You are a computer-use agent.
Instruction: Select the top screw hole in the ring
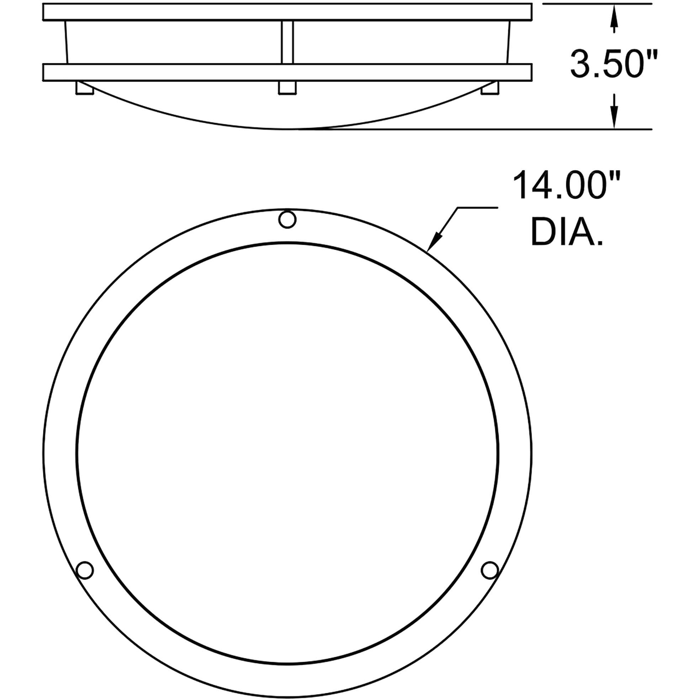(x=287, y=219)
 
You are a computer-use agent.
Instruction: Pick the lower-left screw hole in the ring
(x=85, y=570)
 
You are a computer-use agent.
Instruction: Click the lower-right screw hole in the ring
(x=489, y=570)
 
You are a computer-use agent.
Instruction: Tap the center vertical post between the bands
(x=287, y=42)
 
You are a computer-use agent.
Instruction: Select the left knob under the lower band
(x=85, y=88)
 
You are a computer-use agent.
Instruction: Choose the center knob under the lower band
(x=287, y=88)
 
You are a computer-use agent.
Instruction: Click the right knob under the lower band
(x=489, y=88)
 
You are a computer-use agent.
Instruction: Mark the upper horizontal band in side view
(x=287, y=12)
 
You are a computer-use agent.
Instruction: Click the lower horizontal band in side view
(x=287, y=73)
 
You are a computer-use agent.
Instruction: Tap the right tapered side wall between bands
(x=508, y=42)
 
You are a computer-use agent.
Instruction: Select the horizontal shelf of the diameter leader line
(x=477, y=208)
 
